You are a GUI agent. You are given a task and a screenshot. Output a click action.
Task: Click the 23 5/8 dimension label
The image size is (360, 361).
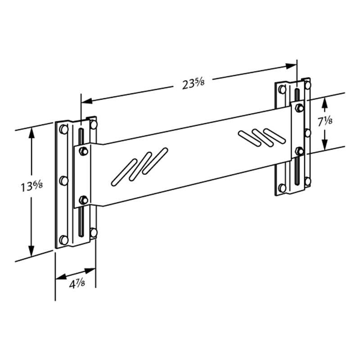coord(193,84)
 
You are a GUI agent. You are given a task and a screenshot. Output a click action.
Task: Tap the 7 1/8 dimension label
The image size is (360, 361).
coord(325,121)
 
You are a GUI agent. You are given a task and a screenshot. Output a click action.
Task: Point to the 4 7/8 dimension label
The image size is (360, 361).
coord(77,284)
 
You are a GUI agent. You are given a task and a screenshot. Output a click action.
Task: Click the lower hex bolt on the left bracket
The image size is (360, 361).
coord(83,200)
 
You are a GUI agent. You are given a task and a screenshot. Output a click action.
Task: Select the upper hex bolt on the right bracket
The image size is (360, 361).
coord(299,108)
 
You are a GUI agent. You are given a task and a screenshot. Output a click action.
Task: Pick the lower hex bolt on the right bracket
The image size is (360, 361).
coord(299,151)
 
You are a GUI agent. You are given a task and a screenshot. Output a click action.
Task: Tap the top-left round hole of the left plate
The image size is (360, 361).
coord(64,129)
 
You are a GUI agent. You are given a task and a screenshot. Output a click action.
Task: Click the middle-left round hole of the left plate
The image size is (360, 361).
coord(64,181)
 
